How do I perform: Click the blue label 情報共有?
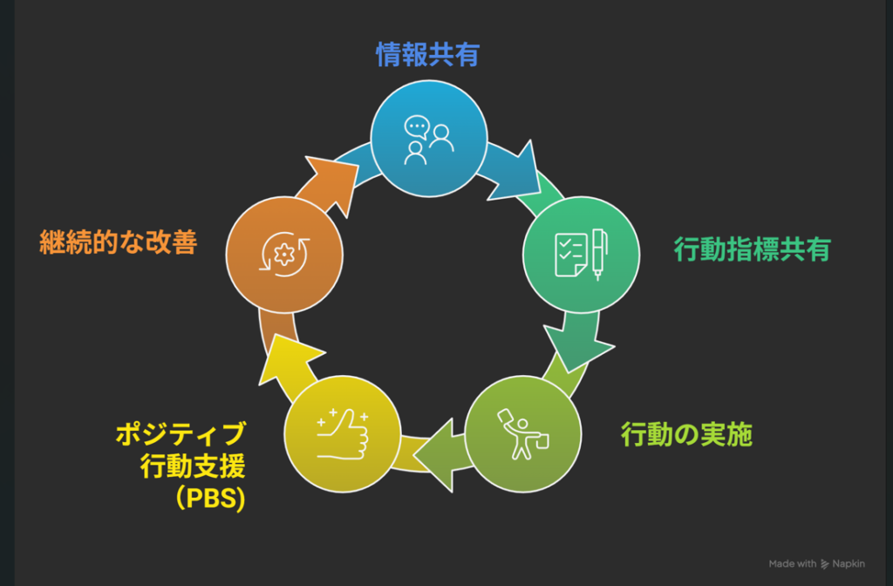[428, 55]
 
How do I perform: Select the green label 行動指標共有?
[752, 249]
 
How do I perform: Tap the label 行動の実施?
[686, 434]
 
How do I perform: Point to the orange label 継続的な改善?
[118, 241]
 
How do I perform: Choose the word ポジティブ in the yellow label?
[181, 433]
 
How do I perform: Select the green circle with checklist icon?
[581, 254]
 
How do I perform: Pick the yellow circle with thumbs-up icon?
[343, 433]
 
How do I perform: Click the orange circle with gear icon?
[284, 254]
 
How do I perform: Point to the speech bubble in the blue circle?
[417, 126]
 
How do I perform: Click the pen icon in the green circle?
[599, 253]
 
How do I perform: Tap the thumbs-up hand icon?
[343, 433]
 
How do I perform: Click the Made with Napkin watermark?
[816, 564]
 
